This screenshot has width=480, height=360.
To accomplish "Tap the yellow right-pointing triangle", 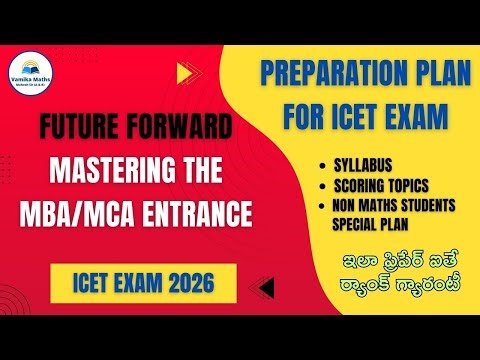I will point(183,73).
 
